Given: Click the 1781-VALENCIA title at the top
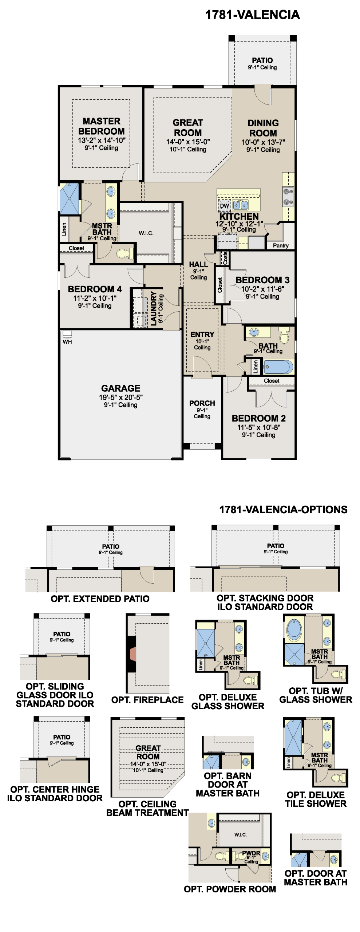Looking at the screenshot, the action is pos(252,15).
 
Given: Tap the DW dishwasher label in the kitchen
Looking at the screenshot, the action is pos(225,206).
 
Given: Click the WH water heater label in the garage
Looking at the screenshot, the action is pos(67,342).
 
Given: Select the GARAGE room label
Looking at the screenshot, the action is pos(120,388).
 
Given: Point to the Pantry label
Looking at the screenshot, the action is pos(281,245).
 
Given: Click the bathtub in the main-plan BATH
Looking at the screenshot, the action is pos(278,367).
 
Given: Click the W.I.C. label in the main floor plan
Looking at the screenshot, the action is pos(146,233).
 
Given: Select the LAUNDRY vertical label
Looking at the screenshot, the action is pos(154,308).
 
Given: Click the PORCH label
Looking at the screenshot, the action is pos(202,403).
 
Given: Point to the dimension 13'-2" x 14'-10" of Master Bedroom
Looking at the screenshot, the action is pos(102,140).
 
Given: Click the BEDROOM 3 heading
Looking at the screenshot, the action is pos(262,280).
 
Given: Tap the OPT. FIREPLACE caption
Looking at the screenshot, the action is pos(147,700).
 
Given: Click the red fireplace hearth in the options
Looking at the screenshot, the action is pos(133,654).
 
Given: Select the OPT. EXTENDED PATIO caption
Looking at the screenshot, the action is pos(100,599).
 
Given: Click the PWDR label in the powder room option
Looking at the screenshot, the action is pos(251,853).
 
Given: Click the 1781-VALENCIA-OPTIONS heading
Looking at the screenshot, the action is pos(283,509).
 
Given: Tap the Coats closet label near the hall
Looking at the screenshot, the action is pos(225,258).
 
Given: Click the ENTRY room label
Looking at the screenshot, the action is pos(202,334).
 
